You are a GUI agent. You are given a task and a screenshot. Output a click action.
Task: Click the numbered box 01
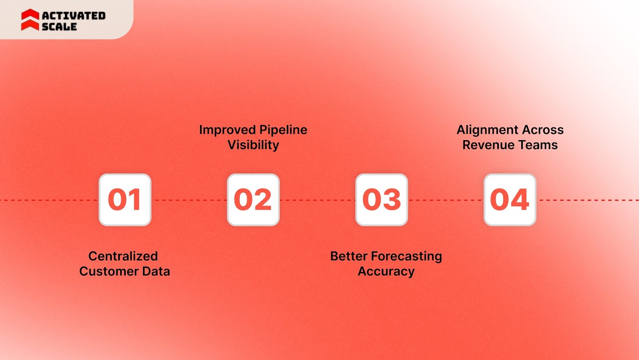coord(125,200)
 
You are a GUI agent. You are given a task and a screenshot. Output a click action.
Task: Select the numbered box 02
coord(253,200)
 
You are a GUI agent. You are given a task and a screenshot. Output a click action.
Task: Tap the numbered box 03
coord(381,200)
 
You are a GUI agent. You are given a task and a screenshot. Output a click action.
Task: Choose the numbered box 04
coord(510,200)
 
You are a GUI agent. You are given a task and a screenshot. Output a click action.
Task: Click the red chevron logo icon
coord(30,20)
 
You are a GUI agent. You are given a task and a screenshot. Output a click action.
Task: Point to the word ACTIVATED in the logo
coord(74,16)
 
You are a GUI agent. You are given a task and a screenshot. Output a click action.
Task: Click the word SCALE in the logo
coord(59,27)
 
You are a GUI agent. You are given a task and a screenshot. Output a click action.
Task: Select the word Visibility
coord(253,145)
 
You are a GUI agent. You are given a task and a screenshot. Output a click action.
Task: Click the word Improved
coord(228,130)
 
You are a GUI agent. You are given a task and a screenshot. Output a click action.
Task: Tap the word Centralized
coord(123,256)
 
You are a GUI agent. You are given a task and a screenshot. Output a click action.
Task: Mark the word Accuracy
coord(386,271)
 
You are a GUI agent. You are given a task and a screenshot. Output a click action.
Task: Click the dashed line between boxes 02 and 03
coord(318,200)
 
